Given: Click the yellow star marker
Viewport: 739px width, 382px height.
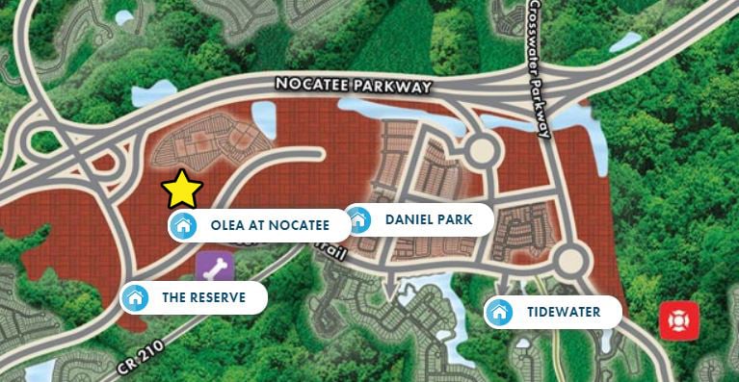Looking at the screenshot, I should coord(181,190).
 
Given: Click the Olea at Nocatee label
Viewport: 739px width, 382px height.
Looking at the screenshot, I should coord(270,226).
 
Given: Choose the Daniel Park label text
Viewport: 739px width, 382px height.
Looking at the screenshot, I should coord(429,219).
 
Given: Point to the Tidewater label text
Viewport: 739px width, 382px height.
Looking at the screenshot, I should coord(564,312).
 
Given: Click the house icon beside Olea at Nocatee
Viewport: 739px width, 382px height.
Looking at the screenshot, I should coord(182,226).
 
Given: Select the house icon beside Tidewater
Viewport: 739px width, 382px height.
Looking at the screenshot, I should coord(498,312).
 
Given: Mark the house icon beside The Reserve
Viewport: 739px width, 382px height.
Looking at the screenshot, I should coord(136,297).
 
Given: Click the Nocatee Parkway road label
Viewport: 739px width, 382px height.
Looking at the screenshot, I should coord(352,85).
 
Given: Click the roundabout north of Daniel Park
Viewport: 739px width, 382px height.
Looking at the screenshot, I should coord(481,150).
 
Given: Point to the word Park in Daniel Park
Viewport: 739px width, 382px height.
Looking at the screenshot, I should coord(455,219).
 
